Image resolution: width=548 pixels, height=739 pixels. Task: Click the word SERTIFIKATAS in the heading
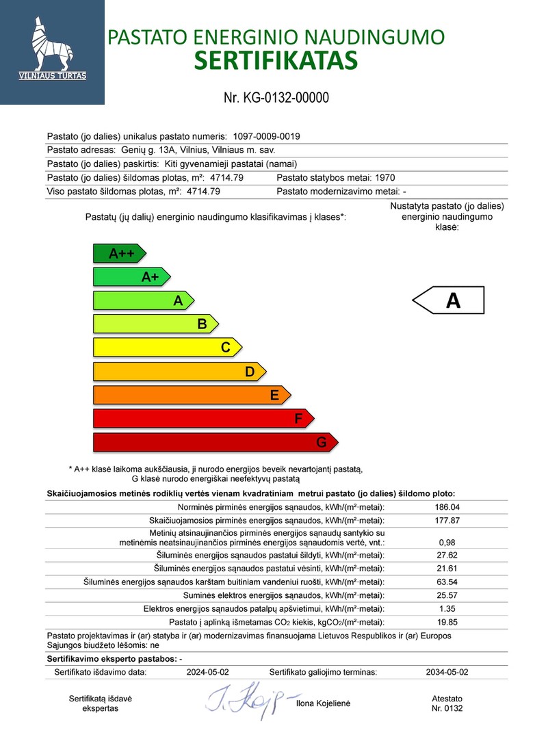(276, 60)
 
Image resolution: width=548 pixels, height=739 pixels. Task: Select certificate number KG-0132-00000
(276, 97)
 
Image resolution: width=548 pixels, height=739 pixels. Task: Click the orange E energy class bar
(192, 395)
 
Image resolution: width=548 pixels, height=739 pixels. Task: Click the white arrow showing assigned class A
(448, 300)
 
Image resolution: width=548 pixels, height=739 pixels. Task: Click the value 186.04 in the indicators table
(447, 507)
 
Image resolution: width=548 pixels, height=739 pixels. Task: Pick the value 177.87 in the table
(447, 521)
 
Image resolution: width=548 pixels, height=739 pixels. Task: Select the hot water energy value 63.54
(447, 582)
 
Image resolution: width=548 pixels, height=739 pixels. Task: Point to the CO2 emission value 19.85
(447, 622)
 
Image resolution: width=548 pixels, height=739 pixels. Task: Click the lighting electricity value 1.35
(447, 608)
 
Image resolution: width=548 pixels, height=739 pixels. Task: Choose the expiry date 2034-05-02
(447, 672)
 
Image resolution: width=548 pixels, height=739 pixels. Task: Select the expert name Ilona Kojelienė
(323, 703)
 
